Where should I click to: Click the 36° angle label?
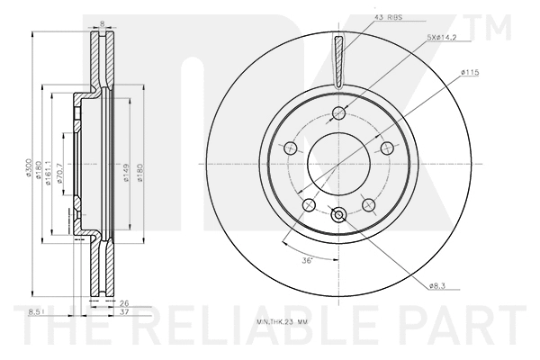[x=306, y=261]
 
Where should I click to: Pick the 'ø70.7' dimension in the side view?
[x=59, y=173]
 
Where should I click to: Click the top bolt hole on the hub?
[x=338, y=113]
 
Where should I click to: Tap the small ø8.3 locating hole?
[x=338, y=214]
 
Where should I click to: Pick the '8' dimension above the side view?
[x=102, y=24]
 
